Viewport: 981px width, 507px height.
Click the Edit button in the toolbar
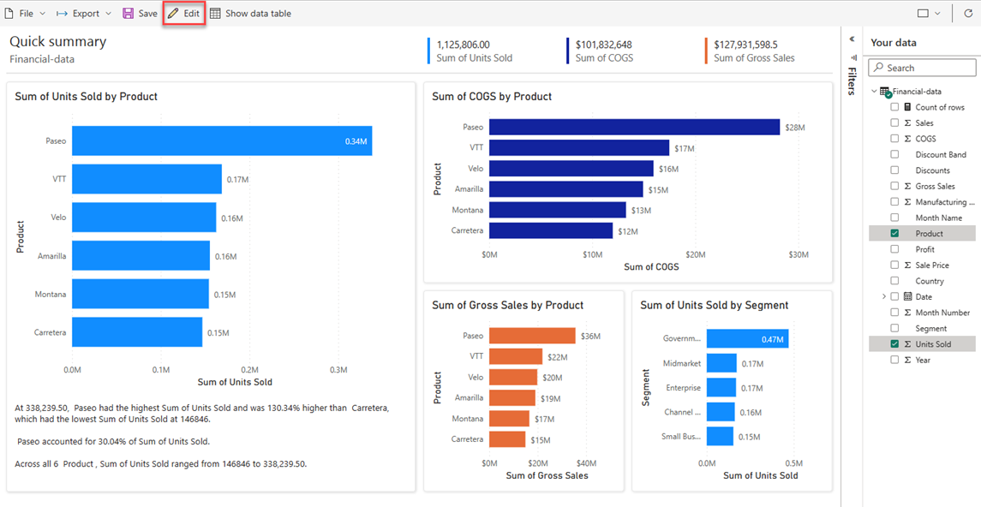[x=183, y=14]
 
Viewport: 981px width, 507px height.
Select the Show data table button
[x=250, y=14]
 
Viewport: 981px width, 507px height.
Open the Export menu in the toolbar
[x=84, y=14]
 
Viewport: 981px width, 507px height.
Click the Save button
[x=140, y=14]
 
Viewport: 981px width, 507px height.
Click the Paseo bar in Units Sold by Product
[x=221, y=140]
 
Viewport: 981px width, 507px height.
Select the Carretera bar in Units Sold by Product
[x=137, y=332]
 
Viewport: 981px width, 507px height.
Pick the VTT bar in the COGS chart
[x=579, y=148]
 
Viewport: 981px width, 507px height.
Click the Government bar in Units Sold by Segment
[x=747, y=339]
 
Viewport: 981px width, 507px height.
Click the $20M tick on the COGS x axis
[x=696, y=254]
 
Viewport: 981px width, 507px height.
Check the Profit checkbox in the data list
[x=894, y=249]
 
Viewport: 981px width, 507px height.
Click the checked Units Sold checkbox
[x=894, y=344]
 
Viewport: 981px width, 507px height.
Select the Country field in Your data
[x=929, y=281]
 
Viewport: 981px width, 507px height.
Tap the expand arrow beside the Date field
[x=883, y=296]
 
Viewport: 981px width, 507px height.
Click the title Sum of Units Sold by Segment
[x=714, y=306]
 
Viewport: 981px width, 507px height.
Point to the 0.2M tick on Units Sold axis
[x=249, y=370]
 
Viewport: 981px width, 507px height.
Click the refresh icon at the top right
[x=968, y=14]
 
